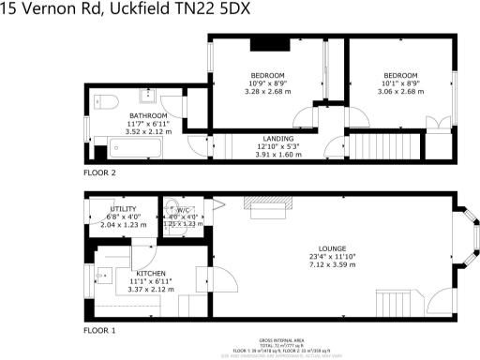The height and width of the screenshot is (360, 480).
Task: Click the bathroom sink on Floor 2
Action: click(x=148, y=96)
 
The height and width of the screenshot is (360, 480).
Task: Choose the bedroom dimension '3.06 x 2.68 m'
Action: click(x=399, y=92)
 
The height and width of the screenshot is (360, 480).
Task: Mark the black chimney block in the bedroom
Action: click(x=266, y=43)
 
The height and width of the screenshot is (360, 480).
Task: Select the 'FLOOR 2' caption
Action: click(x=100, y=173)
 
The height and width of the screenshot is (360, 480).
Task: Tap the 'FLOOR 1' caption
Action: click(x=100, y=331)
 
